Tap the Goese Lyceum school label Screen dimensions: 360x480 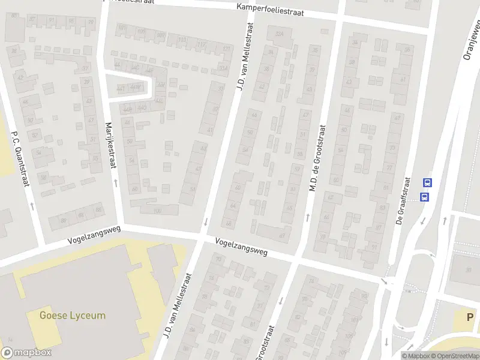coord(72,315)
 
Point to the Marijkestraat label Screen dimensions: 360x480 coord(110,141)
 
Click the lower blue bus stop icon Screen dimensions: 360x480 coord(425,197)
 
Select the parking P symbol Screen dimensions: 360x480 coord(470,317)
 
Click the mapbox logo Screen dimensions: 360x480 coord(26,353)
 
